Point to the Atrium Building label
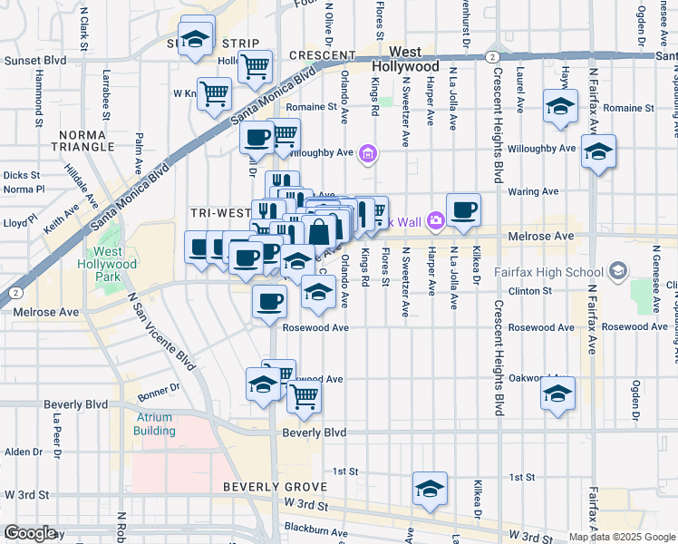pos(154,423)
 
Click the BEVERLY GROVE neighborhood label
pos(267,488)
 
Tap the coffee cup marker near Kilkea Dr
pos(463,210)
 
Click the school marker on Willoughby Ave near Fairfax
pos(598,151)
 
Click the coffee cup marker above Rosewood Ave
pos(268,302)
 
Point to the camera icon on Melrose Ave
pos(436,220)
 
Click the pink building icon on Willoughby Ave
pos(367,152)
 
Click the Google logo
pos(31,532)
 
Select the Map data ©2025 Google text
pos(621,537)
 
